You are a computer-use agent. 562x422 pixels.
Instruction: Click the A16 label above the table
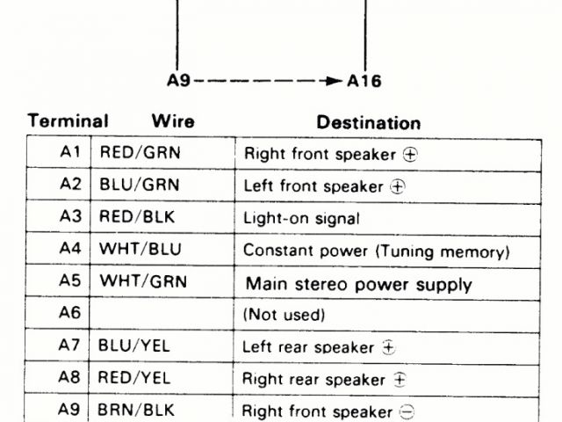(364, 82)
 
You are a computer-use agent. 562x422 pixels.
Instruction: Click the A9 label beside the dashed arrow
(178, 82)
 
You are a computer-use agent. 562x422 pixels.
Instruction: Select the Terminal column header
(68, 121)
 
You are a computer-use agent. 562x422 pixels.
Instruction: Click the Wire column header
(173, 121)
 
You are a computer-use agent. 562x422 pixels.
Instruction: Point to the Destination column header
(369, 123)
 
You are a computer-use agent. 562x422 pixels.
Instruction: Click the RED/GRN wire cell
(140, 153)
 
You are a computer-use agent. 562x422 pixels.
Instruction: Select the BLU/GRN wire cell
(140, 186)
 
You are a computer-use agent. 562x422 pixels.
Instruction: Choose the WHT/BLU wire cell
(140, 250)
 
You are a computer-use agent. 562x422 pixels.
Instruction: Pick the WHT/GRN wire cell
(142, 282)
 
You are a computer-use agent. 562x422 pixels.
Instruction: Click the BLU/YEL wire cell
(135, 346)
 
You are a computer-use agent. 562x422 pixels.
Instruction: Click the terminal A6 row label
(71, 314)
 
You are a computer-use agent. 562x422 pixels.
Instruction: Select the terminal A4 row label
(71, 250)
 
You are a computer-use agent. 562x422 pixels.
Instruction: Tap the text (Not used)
(284, 315)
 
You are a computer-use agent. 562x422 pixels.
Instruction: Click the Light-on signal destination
(301, 218)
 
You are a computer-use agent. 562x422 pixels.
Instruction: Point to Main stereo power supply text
(358, 284)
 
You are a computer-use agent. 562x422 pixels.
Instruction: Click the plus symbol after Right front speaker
(408, 154)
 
